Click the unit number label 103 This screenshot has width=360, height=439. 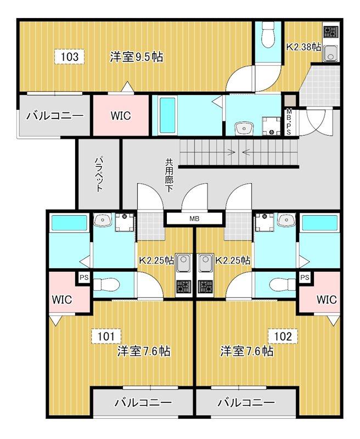click(x=70, y=57)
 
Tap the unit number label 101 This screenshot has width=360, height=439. click(x=106, y=335)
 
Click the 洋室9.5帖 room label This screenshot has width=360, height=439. click(x=136, y=57)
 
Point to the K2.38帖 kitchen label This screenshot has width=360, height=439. click(x=303, y=47)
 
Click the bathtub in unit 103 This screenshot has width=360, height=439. click(x=167, y=115)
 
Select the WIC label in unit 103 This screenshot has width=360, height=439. click(x=120, y=116)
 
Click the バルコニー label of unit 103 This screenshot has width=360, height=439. click(x=54, y=116)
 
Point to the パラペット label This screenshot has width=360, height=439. click(x=99, y=174)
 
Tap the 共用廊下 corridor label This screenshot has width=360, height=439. click(x=170, y=175)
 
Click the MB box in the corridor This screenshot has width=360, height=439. click(x=194, y=219)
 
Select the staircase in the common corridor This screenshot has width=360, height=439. click(x=239, y=152)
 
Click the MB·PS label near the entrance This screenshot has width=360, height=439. click(x=289, y=122)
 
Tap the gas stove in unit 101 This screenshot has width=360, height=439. click(x=183, y=286)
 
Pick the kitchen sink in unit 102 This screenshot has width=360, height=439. click(x=207, y=262)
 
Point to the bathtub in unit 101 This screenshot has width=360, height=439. click(x=69, y=224)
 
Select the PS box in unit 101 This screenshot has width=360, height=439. click(x=84, y=278)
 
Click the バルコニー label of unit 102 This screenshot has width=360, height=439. click(x=246, y=403)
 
